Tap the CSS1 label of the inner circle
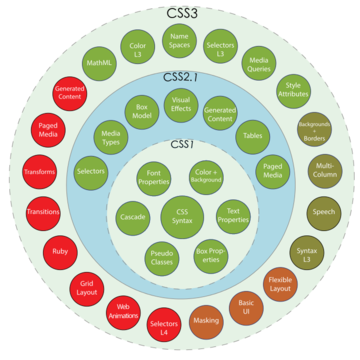pos(180,145)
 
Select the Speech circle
pos(323,212)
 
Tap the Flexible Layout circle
pos(280,285)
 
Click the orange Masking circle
pos(206,321)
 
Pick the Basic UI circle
pos(246,307)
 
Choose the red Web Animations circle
pos(124,312)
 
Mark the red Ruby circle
pos(60,253)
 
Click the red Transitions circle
pos(42,212)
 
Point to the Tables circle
pos(251,134)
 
